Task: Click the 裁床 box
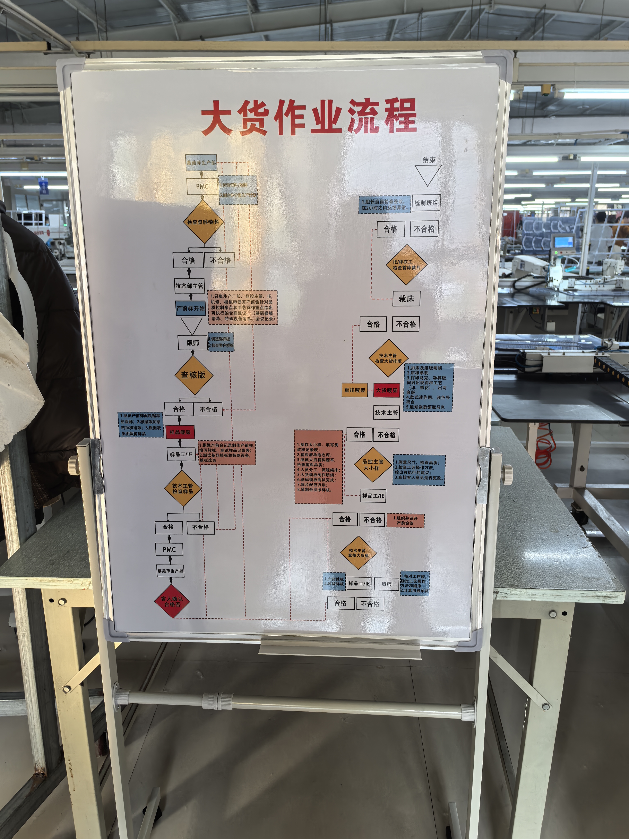coord(406,298)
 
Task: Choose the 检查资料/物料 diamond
coord(203,222)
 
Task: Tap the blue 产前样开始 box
coord(190,308)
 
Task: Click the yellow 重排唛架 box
coord(354,390)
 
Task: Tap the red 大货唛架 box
coord(387,390)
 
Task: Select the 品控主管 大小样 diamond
coord(373,465)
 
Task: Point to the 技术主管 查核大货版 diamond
coord(358,553)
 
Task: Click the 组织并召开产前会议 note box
coord(405,520)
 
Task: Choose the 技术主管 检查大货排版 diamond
coord(388,358)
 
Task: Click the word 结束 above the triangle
coord(429,160)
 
